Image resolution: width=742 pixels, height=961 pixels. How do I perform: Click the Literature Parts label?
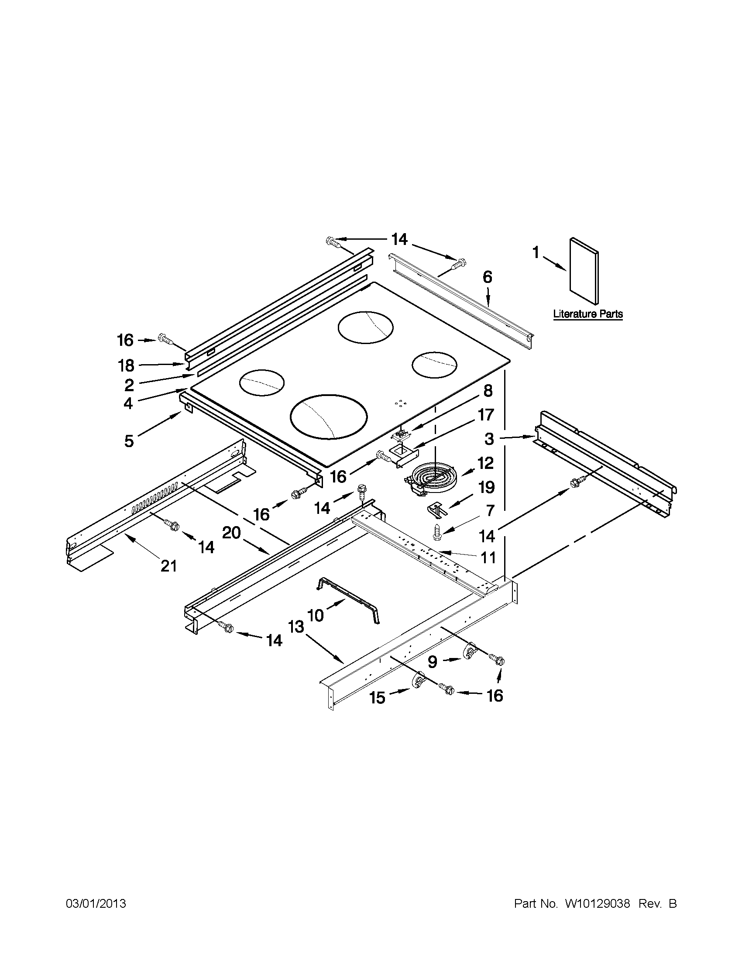(x=587, y=314)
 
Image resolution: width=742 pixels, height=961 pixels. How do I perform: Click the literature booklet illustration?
(x=584, y=272)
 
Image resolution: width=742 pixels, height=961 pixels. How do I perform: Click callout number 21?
(x=168, y=566)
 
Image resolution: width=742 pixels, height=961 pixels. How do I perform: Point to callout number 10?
(x=316, y=615)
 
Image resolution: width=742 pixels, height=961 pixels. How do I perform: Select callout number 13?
(x=296, y=627)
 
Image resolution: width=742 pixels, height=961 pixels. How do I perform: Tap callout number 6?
(x=488, y=277)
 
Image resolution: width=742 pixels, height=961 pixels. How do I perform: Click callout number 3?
(x=489, y=438)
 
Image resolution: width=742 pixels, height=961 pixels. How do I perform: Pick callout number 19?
(x=487, y=487)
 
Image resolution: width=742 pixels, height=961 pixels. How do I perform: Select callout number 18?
(x=126, y=365)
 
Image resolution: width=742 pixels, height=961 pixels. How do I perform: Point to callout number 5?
(x=128, y=441)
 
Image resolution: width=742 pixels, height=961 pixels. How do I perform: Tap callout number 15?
(x=378, y=697)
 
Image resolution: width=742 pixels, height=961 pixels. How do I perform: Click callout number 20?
(x=231, y=533)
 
